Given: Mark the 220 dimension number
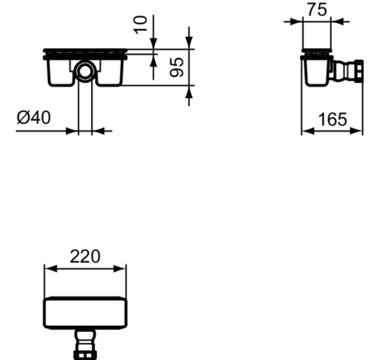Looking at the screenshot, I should pos(85,256).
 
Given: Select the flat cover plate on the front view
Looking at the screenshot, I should pos(85,52).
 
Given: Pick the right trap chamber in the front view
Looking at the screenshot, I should pos(109,72).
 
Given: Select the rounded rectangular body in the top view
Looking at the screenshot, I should pos(85,313).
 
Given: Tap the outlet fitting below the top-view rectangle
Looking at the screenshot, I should pos(85,344).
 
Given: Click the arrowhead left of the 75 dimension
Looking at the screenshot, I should pos(296,21).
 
